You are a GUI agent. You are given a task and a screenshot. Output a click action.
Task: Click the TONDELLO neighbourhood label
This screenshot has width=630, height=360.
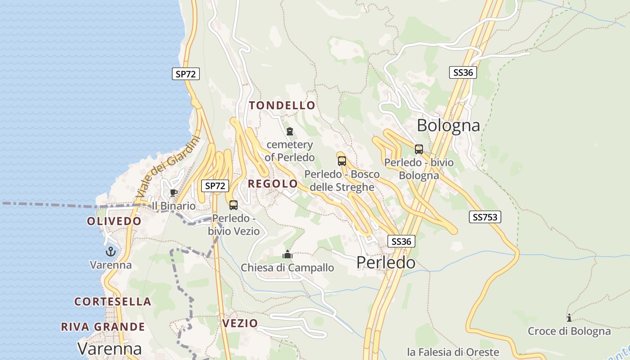(282, 106)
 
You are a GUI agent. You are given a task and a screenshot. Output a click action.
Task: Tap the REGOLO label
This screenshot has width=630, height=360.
(273, 184)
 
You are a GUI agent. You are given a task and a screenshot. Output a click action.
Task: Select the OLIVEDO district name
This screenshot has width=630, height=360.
(114, 221)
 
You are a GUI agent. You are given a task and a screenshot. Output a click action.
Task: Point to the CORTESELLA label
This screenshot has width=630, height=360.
(112, 301)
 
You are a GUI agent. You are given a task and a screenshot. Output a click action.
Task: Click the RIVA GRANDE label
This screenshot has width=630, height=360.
(103, 327)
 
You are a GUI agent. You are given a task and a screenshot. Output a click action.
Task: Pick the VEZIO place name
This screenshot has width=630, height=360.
(240, 323)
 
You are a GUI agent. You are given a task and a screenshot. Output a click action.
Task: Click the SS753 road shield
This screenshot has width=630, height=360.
(485, 217)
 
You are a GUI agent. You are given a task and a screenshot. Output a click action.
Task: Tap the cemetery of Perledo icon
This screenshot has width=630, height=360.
(290, 132)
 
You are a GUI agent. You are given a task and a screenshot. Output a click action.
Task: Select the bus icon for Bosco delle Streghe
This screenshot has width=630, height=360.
(342, 161)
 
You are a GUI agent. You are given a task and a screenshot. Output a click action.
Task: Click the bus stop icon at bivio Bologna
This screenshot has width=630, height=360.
(419, 149)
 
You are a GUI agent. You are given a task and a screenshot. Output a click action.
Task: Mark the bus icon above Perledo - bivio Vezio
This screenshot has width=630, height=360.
(233, 205)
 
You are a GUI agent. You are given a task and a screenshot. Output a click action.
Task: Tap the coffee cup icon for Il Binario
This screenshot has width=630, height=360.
(173, 193)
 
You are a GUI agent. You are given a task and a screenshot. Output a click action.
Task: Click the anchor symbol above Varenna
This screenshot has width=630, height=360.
(111, 252)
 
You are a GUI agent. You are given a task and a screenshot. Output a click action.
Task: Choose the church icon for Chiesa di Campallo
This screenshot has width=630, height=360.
(288, 255)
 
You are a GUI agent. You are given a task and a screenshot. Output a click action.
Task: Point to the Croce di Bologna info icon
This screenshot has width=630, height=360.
(569, 318)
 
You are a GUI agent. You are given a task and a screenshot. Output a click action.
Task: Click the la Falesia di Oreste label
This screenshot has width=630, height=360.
(453, 352)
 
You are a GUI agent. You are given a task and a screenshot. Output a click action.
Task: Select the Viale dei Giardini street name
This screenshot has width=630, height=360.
(167, 168)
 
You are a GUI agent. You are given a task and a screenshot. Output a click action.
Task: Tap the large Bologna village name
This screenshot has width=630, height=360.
(448, 125)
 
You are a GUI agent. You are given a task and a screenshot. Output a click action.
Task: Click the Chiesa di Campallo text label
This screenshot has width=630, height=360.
(288, 268)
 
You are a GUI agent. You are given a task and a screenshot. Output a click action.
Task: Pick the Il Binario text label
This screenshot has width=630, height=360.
(174, 206)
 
